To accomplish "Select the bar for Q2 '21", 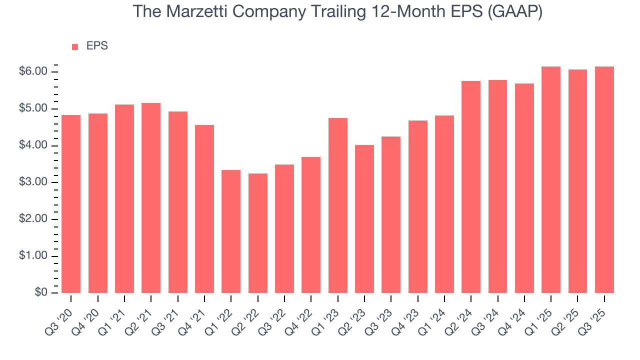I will click(x=151, y=198).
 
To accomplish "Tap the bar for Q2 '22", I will click(x=257, y=233).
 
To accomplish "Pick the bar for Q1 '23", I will click(x=337, y=205).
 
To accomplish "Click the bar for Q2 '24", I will click(x=471, y=187).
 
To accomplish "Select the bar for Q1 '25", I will click(x=551, y=179).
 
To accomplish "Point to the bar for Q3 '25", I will click(x=604, y=179).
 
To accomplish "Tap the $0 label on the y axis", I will click(x=40, y=293).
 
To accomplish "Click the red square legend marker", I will click(x=75, y=46).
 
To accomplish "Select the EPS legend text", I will click(x=97, y=46).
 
